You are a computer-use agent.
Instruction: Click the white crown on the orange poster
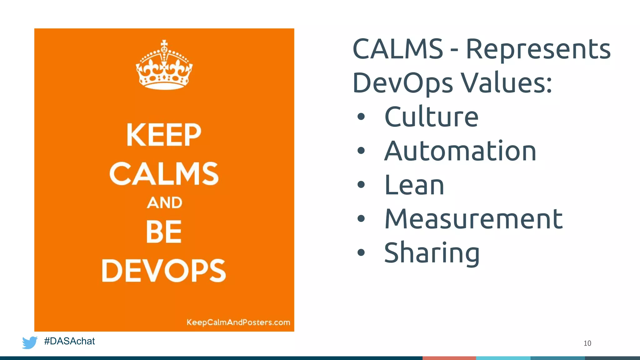[164, 66]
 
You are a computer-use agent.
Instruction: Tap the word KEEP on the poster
[164, 135]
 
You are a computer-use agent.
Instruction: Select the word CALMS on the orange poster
[164, 174]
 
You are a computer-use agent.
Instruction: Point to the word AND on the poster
[164, 203]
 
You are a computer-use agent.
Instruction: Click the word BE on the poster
[164, 232]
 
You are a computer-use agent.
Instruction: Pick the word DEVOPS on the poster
[164, 271]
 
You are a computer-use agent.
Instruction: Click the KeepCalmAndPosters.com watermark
[238, 322]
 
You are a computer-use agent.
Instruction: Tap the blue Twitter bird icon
[30, 342]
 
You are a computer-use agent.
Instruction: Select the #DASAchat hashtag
[69, 341]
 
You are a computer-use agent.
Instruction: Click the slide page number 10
[587, 343]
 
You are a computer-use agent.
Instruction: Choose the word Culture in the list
[431, 117]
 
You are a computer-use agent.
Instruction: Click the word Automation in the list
[460, 151]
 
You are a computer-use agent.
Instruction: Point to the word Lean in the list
[414, 185]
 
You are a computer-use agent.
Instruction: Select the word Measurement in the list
[473, 219]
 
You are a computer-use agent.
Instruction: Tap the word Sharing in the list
[432, 253]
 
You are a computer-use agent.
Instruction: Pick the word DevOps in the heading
[402, 83]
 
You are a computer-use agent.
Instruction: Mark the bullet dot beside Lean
[361, 184]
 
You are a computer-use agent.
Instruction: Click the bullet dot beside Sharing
[361, 252]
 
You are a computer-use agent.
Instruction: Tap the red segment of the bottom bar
[449, 358]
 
